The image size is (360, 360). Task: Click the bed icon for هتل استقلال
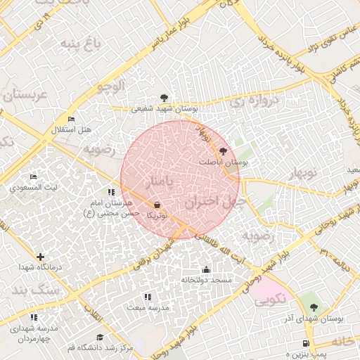tap(71, 119)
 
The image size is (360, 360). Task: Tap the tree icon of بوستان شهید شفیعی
tap(164, 98)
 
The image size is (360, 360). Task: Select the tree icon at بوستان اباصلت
tap(224, 150)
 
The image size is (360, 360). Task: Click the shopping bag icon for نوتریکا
tap(156, 206)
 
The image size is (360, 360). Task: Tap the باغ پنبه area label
tap(80, 45)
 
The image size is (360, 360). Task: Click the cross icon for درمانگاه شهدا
tap(40, 257)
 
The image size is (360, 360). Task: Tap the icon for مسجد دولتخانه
tap(206, 269)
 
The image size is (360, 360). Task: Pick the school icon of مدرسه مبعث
tap(147, 297)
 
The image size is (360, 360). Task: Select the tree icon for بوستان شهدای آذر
tap(314, 307)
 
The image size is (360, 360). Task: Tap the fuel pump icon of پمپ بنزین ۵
tap(304, 344)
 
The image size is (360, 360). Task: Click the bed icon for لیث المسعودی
tap(33, 176)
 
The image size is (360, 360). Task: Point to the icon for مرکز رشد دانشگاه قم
tap(100, 337)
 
